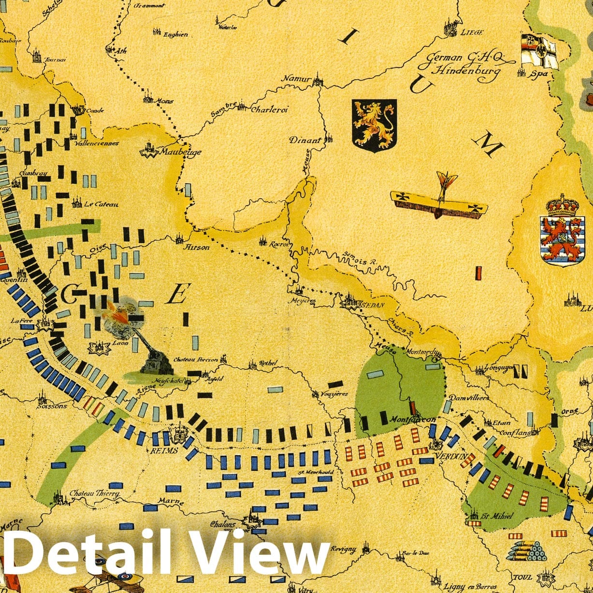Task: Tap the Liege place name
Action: click(472, 32)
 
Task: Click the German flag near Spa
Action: click(537, 50)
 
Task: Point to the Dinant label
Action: click(305, 141)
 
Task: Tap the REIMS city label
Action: click(164, 450)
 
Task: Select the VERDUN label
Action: click(450, 456)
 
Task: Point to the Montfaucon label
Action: click(412, 419)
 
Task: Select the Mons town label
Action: click(164, 101)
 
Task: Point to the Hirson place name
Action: click(198, 247)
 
